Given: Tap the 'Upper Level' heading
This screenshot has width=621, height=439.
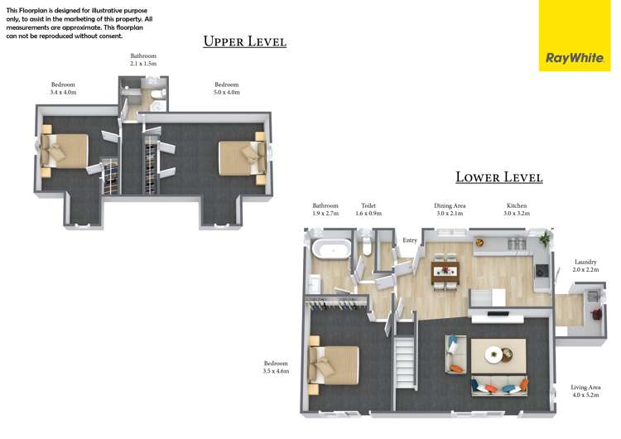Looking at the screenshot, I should [245, 41].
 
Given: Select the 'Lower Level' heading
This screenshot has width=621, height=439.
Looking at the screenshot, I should [498, 177].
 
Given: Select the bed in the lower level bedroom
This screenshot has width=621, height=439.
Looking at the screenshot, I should [335, 366].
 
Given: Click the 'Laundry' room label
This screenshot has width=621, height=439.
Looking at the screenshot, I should [585, 262].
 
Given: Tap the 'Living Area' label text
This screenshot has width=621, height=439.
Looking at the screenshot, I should [585, 387].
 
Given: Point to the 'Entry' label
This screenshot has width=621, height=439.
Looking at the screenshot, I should [410, 240].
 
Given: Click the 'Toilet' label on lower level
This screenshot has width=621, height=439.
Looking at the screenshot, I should [368, 205].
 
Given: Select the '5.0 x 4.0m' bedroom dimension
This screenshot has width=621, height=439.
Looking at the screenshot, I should [227, 93].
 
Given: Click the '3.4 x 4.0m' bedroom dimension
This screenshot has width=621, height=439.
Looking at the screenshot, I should [63, 93].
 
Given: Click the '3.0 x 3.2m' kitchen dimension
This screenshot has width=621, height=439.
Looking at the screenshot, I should [517, 214].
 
